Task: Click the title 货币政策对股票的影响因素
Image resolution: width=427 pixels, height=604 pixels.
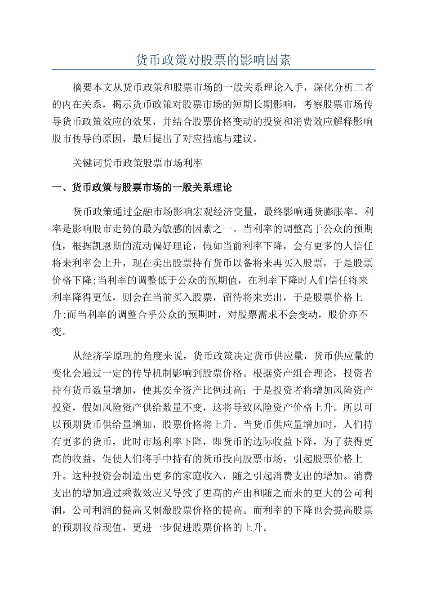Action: [x=213, y=60]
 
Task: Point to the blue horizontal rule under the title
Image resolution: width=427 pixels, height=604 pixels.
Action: [x=213, y=70]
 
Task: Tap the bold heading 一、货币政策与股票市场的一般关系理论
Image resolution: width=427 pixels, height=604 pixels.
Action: [x=142, y=187]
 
